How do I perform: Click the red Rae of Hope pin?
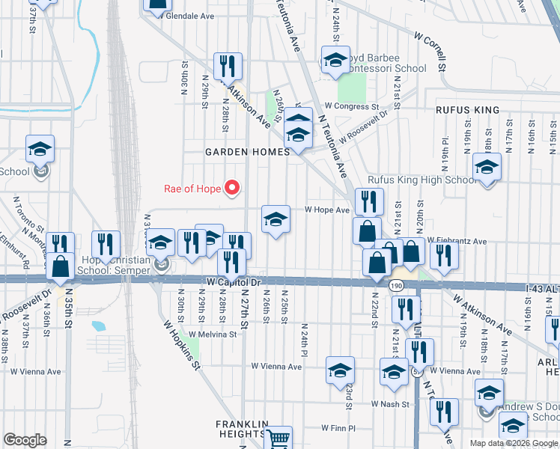point(232,188)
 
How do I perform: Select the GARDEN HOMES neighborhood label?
point(248,152)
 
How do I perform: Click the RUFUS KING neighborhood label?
point(468,110)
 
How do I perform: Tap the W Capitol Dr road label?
point(233,283)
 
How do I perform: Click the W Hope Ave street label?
point(327,210)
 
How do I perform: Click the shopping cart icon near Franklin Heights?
point(279,439)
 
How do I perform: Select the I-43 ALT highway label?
point(535,287)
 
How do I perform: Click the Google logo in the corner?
point(25,440)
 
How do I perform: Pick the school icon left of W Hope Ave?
point(276,220)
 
